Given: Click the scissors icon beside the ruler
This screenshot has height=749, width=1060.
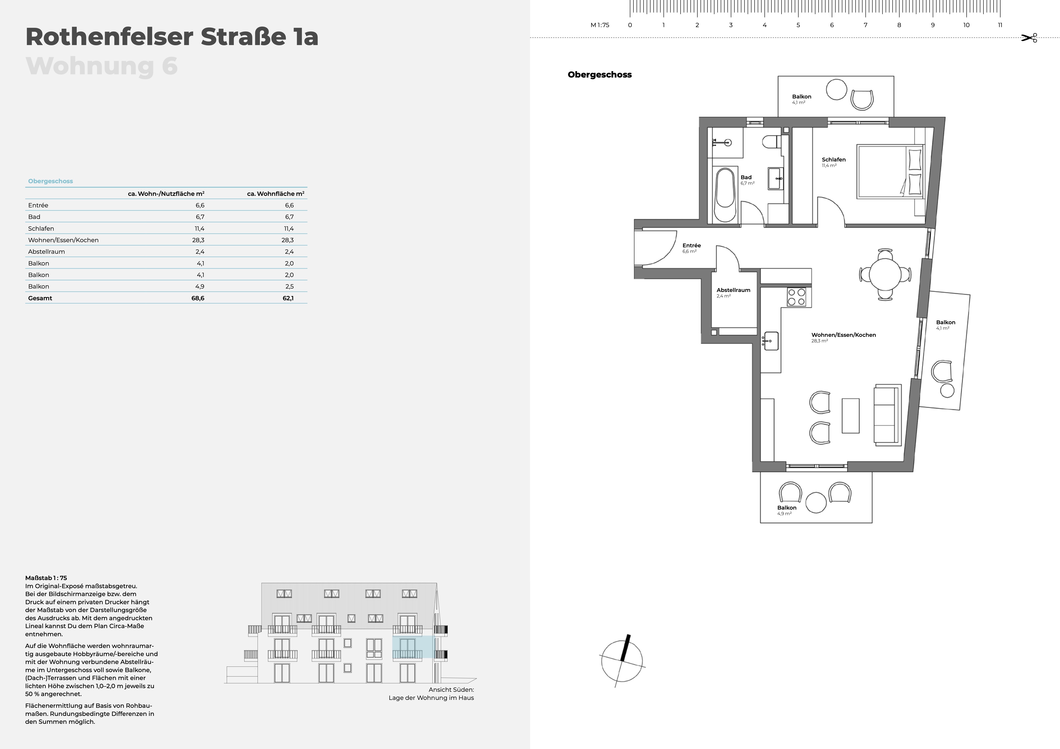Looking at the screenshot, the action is pyautogui.click(x=1029, y=38).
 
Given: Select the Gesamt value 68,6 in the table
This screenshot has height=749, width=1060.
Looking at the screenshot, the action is pyautogui.click(x=198, y=298).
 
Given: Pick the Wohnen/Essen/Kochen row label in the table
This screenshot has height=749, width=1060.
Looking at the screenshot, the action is pyautogui.click(x=63, y=240).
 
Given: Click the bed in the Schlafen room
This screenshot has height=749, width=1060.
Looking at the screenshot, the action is pyautogui.click(x=890, y=172).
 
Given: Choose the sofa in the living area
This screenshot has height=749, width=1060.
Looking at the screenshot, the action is pyautogui.click(x=887, y=414).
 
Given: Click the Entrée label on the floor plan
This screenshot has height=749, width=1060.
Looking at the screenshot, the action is pyautogui.click(x=692, y=246).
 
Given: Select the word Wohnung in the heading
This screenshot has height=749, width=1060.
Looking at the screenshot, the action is pyautogui.click(x=90, y=66).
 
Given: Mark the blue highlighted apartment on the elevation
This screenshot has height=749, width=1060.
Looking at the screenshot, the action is pyautogui.click(x=413, y=647).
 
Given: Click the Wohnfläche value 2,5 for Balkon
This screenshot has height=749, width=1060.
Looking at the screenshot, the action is pyautogui.click(x=289, y=287).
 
